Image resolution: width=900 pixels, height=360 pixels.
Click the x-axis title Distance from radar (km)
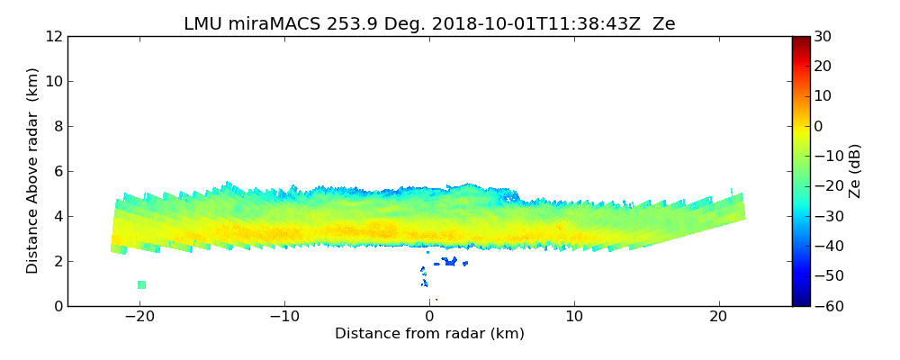click(x=429, y=334)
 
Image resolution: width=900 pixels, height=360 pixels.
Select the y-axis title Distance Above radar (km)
click(x=32, y=171)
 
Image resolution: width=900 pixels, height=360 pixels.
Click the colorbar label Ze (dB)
click(x=855, y=171)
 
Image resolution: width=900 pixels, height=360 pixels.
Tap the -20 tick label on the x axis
click(x=139, y=317)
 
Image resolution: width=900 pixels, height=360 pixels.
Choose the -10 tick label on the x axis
click(x=284, y=317)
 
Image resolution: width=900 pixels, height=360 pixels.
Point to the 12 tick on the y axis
click(x=53, y=36)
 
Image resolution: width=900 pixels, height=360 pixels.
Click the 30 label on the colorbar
click(x=823, y=36)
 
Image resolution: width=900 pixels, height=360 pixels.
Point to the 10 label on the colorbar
click(x=823, y=96)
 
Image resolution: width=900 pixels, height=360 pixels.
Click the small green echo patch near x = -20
click(x=141, y=284)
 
